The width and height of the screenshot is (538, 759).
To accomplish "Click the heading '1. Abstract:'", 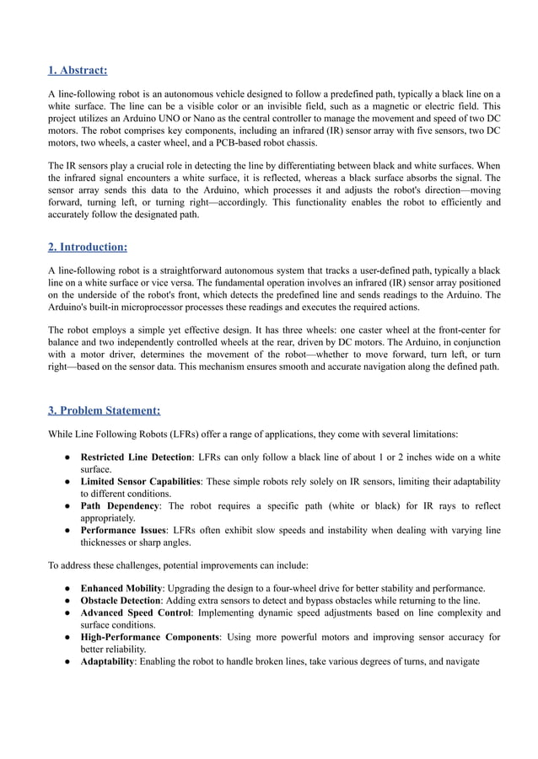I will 77,70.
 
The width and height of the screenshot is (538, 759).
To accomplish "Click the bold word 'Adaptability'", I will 107,662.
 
